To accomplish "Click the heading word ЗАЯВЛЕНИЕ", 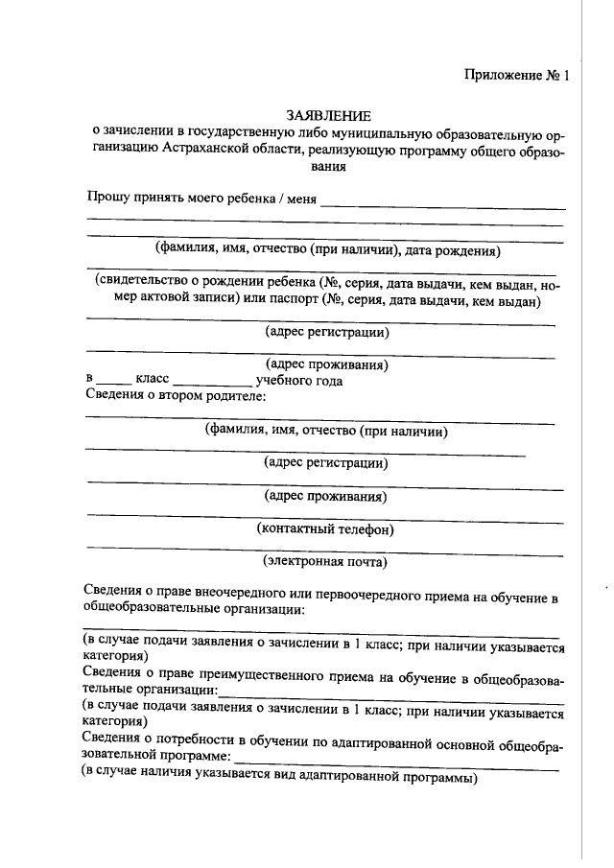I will (x=328, y=114).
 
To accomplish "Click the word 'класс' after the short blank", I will (x=153, y=380).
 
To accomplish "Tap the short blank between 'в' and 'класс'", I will (x=112, y=383).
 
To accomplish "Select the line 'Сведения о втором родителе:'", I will (x=175, y=395).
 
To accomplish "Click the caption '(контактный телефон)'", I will (x=326, y=528).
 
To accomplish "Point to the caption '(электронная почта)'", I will (x=325, y=561).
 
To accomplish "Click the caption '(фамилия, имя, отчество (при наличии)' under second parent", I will (x=327, y=431).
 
